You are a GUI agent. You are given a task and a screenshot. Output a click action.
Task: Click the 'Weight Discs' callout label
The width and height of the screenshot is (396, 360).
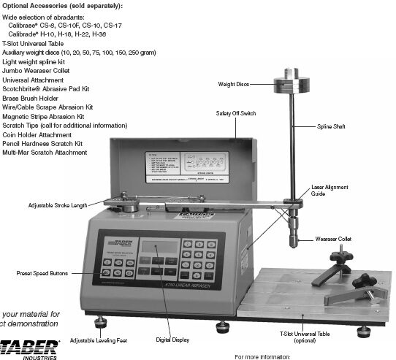pyautogui.click(x=234, y=85)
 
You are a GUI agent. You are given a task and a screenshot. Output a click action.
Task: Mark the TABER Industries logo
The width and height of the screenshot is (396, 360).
pyautogui.click(x=28, y=346)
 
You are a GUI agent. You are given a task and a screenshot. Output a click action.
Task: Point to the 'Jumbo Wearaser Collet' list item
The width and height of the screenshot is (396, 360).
pyautogui.click(x=41, y=72)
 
